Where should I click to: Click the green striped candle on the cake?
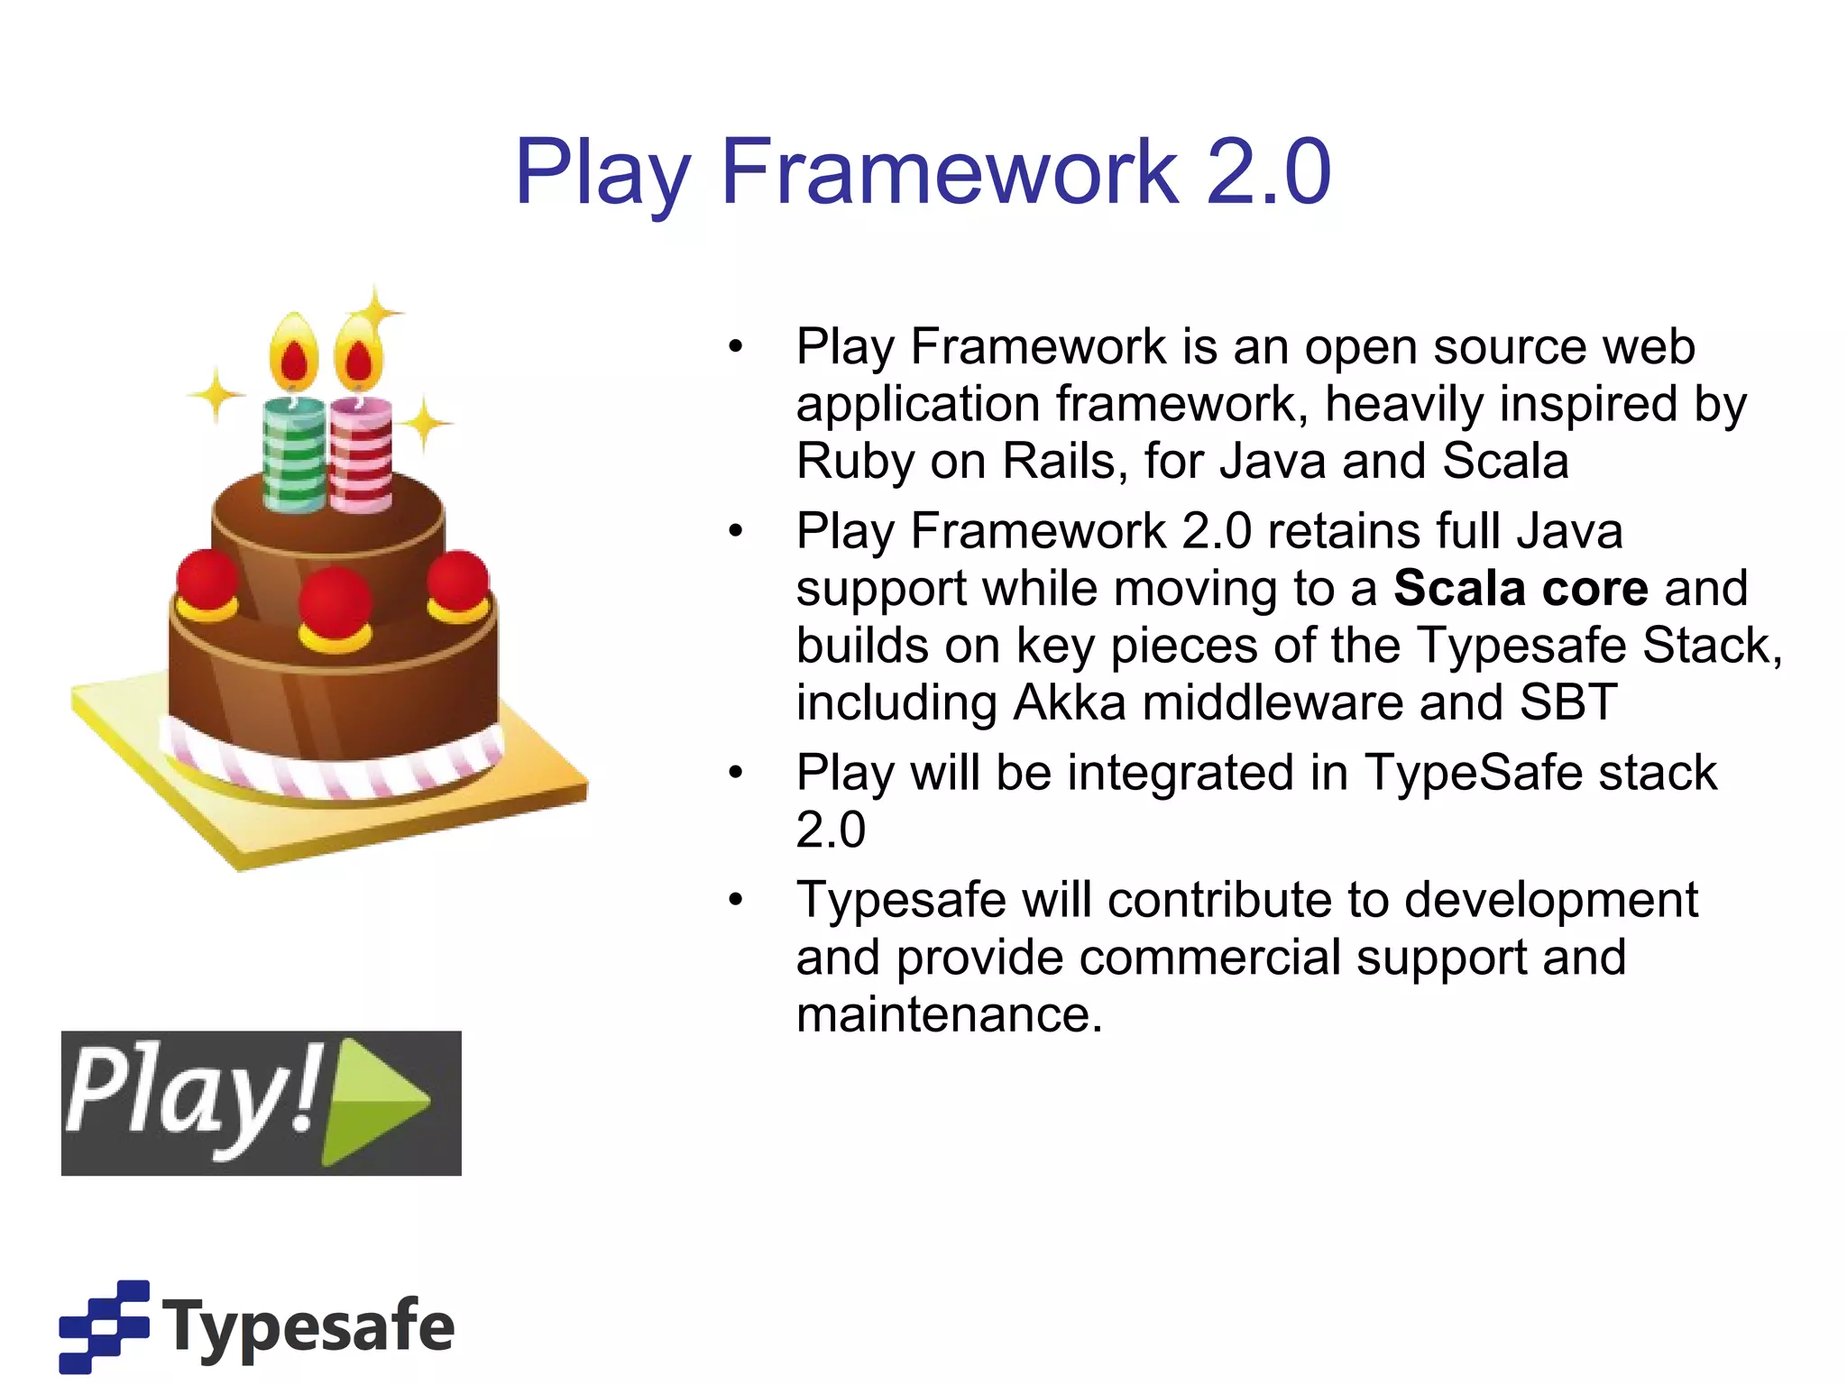tap(294, 455)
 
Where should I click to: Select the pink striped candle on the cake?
tap(361, 455)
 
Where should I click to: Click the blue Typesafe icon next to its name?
tap(104, 1325)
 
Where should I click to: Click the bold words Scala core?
tap(1521, 589)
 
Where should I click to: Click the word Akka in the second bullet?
tap(1070, 703)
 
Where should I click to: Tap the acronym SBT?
tap(1568, 703)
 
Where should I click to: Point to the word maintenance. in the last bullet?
tap(949, 1015)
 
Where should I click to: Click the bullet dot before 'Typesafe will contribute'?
tap(736, 900)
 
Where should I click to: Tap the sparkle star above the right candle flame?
tap(376, 311)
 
